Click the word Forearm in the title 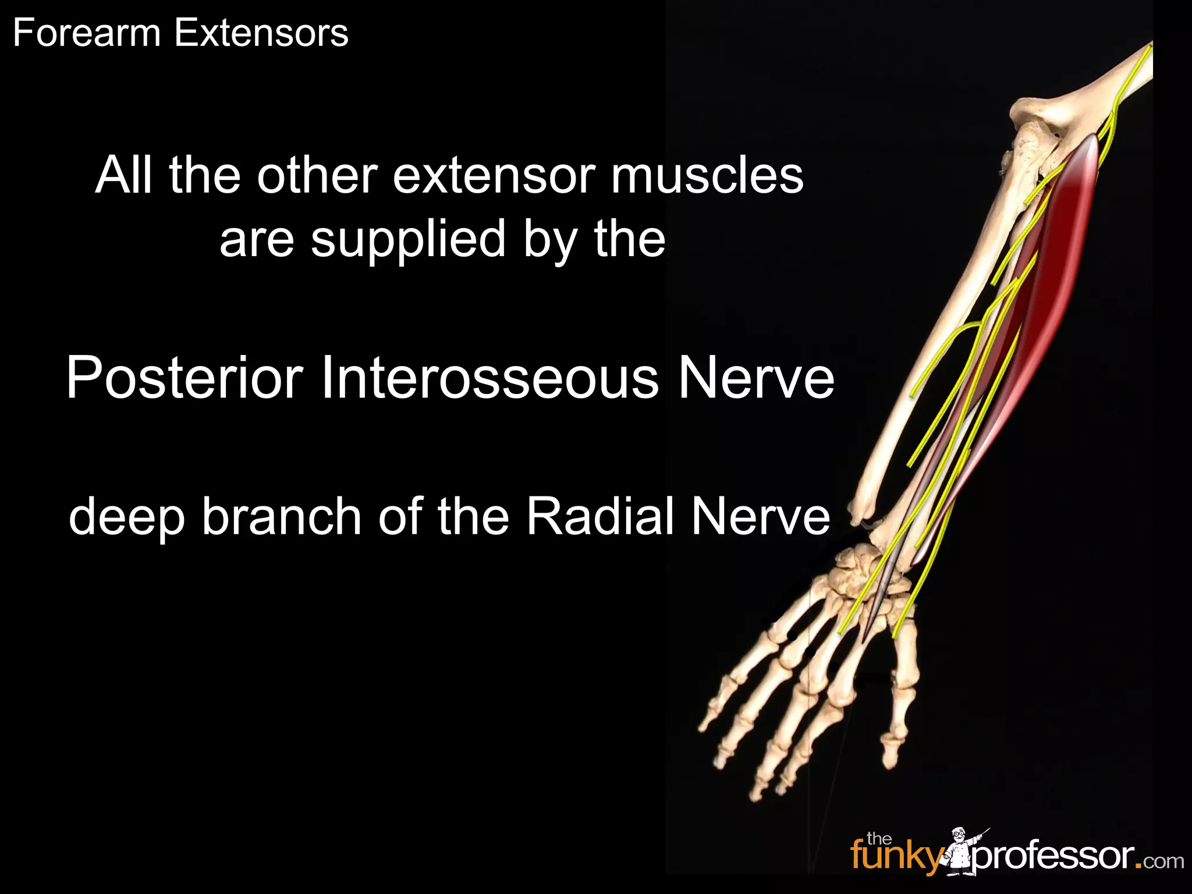click(86, 33)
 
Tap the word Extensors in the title click(261, 33)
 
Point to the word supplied click(408, 240)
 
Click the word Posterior click(185, 378)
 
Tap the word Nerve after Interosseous click(756, 378)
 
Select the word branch click(282, 517)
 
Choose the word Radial click(600, 517)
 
